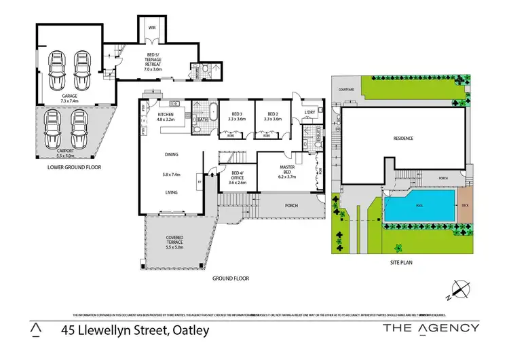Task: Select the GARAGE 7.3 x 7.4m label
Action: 70,99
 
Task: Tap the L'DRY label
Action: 309,112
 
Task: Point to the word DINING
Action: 171,155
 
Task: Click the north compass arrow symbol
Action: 461,289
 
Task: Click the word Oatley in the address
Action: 185,331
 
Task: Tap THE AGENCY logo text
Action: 431,328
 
